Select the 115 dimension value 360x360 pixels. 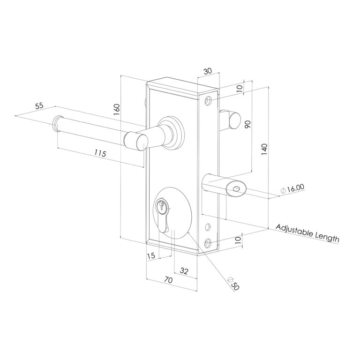point(100,153)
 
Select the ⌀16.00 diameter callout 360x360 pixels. point(292,189)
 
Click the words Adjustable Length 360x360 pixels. point(307,232)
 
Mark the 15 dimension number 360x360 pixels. point(151,256)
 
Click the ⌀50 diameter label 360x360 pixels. point(233,284)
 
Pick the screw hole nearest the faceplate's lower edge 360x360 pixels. point(209,243)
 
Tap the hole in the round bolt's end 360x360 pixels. point(236,189)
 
